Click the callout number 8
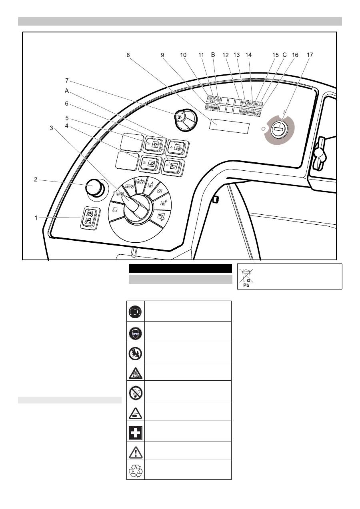(x=128, y=56)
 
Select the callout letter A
(x=67, y=91)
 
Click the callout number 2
(x=36, y=180)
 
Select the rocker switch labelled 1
(x=89, y=218)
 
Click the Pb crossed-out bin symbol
(x=246, y=276)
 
